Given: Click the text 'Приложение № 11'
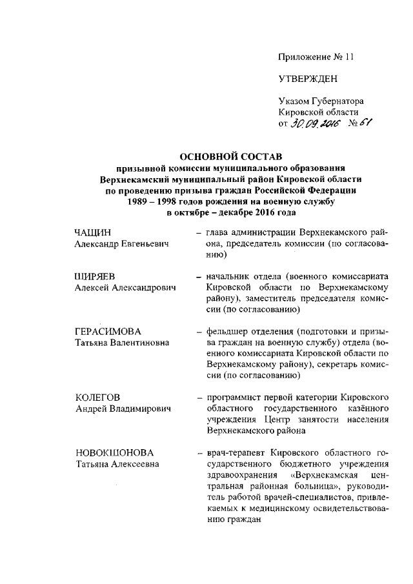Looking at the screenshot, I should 316,56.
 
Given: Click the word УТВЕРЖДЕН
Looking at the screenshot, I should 308,79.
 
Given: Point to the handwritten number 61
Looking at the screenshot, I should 365,123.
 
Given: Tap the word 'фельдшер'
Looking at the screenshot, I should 227,332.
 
